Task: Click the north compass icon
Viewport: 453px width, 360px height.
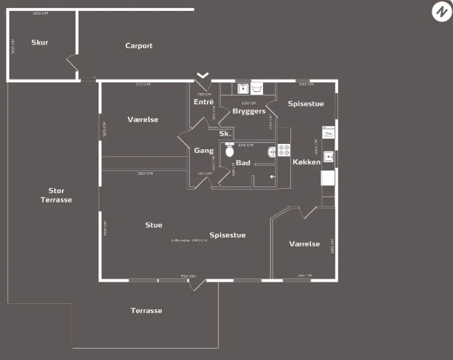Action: (x=441, y=12)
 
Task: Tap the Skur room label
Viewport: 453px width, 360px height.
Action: (x=40, y=43)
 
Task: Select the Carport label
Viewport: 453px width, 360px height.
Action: (x=139, y=46)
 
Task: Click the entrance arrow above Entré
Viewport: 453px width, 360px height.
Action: (x=203, y=75)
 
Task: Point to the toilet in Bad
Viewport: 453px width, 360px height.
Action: (x=230, y=151)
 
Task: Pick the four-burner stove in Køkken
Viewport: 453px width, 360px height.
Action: (x=284, y=150)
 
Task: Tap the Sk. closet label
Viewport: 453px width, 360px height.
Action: (x=225, y=134)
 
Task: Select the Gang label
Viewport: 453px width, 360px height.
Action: (x=204, y=151)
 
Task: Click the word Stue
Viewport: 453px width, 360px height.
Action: (x=154, y=225)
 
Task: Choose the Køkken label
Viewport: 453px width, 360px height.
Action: (x=307, y=162)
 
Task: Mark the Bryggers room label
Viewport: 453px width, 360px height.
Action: (x=249, y=111)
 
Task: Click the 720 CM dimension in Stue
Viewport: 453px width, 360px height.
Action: (x=188, y=276)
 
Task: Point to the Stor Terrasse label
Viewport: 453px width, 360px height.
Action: (x=56, y=195)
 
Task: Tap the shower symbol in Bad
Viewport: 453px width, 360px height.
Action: (x=273, y=177)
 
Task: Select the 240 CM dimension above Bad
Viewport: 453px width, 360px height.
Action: (x=246, y=145)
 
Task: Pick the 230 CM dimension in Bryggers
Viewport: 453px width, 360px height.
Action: (x=248, y=103)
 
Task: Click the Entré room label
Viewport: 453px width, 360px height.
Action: (x=204, y=102)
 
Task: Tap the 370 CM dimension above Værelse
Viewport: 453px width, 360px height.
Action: (x=143, y=85)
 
